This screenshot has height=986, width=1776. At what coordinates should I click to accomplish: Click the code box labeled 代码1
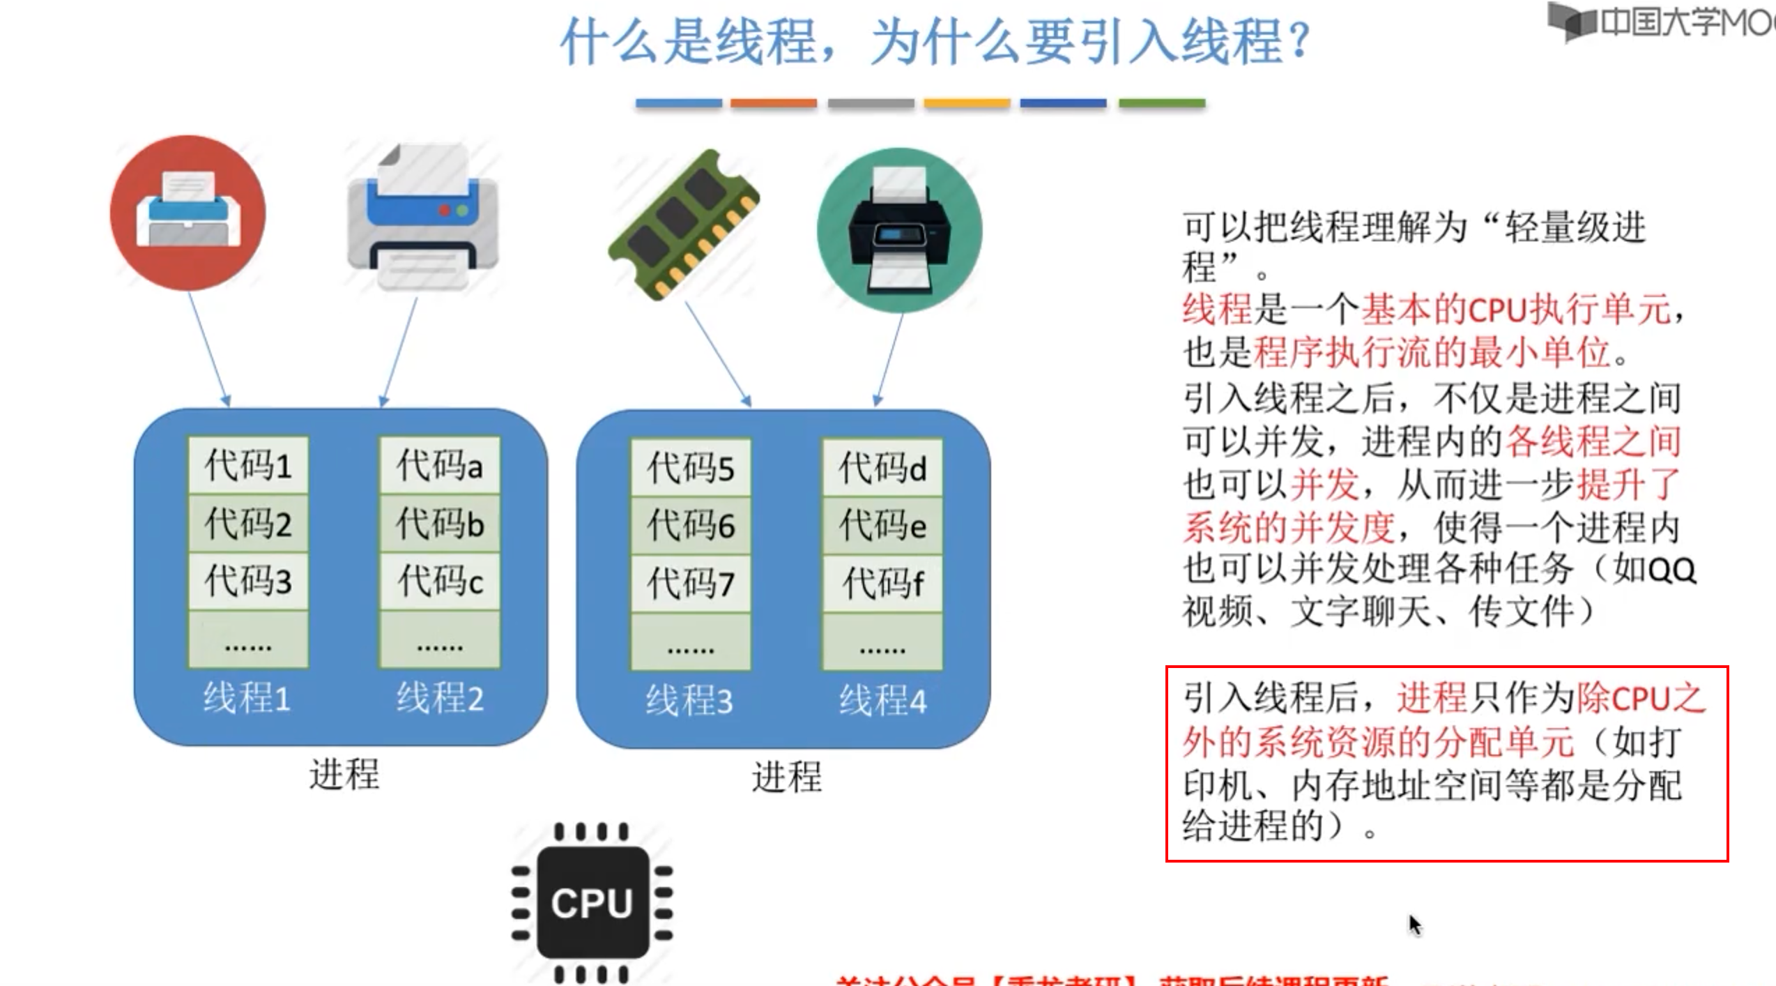click(x=247, y=465)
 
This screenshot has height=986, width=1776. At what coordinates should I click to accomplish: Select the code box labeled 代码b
click(x=439, y=524)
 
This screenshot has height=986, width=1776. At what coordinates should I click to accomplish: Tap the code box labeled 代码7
click(x=690, y=584)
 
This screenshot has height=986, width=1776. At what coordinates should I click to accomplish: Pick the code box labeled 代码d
click(x=882, y=467)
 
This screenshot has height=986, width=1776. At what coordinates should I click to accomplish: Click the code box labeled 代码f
click(x=882, y=584)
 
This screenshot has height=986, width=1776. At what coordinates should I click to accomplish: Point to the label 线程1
click(x=246, y=698)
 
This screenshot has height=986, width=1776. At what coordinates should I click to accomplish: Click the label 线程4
click(x=882, y=701)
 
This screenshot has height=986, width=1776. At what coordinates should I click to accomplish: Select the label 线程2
click(x=439, y=698)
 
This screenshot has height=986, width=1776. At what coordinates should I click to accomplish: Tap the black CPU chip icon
click(x=592, y=902)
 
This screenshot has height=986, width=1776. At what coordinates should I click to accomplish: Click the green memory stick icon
click(x=684, y=225)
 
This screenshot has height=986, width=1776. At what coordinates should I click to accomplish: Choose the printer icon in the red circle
click(x=187, y=213)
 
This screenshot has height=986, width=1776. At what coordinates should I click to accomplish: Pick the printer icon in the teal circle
click(x=899, y=230)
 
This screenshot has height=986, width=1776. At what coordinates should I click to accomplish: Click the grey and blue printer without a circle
click(x=423, y=218)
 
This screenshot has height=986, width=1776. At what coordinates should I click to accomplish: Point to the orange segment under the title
click(x=773, y=103)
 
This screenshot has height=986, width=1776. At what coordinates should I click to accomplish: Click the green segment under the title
click(x=1161, y=103)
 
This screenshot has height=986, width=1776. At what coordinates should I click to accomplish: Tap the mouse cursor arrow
click(x=1414, y=925)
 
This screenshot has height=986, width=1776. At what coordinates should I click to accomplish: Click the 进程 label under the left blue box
click(x=344, y=775)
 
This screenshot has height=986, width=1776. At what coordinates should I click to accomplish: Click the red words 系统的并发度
click(x=1289, y=527)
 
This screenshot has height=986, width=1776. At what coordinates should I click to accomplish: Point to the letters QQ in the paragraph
click(x=1673, y=571)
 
